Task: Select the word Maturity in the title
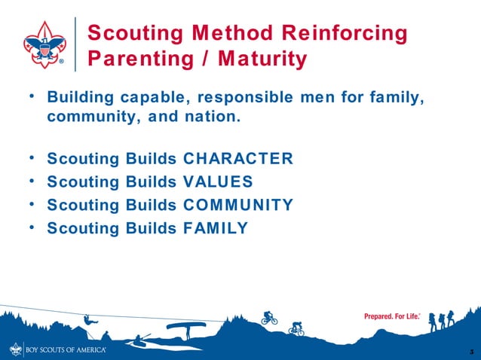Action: pos(259,59)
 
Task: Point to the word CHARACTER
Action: pos(237,159)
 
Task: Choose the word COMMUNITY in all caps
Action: pos(238,204)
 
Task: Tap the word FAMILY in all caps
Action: pos(216,227)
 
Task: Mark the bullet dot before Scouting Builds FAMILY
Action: pos(31,227)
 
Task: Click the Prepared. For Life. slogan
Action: pos(388,316)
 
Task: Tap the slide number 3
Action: pos(470,352)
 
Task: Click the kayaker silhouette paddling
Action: pos(139,340)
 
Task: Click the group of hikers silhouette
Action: pos(442,321)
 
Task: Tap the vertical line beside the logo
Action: pos(75,44)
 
